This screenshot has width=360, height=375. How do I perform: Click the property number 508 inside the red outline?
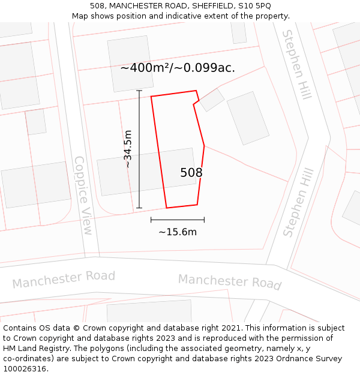[191, 173]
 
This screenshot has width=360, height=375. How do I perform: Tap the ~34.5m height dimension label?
[127, 149]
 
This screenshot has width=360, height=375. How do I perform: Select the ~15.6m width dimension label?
[178, 232]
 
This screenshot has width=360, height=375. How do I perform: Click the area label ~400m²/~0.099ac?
[178, 68]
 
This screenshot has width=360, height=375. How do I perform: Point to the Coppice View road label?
[83, 195]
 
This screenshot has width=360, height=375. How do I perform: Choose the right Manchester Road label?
[230, 281]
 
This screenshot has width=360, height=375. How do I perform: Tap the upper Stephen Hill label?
[296, 64]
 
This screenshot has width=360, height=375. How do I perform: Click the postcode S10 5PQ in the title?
[255, 6]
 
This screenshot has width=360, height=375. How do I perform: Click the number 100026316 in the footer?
[25, 369]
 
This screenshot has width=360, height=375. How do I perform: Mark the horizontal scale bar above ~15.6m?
[178, 220]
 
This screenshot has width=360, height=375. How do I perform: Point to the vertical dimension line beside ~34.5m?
[139, 149]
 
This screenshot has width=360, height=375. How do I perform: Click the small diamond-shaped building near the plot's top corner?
[212, 100]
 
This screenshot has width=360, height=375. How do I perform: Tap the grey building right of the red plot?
[248, 118]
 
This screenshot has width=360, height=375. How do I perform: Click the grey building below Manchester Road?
[149, 311]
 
